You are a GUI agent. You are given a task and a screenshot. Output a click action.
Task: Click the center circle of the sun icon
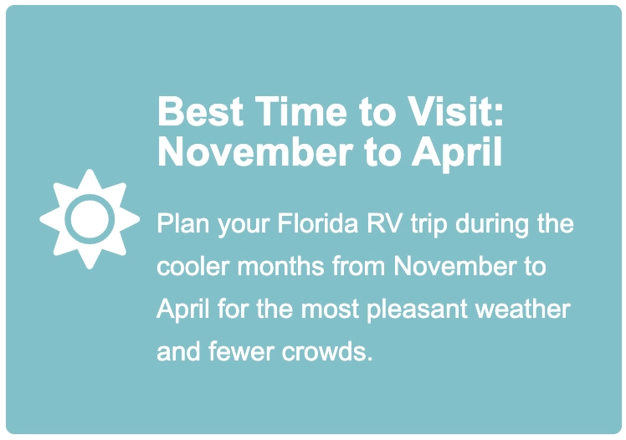90,219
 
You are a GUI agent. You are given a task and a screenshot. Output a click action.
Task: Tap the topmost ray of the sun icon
90,181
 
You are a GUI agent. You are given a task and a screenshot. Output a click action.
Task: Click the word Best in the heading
200,112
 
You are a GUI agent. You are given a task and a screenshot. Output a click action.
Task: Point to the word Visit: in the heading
455,112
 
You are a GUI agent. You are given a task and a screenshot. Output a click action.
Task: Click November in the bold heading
255,152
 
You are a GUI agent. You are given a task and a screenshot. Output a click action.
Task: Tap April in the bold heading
457,154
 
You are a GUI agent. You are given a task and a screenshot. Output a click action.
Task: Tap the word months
280,266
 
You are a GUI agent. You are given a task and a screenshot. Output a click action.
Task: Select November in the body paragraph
454,266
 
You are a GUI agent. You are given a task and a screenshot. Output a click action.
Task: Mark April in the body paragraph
182,310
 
